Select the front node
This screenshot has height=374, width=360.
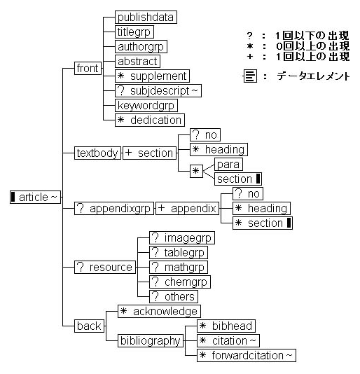point(88,69)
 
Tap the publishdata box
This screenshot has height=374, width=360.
point(146,17)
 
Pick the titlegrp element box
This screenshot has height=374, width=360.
point(134,32)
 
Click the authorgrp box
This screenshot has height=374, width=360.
point(140,46)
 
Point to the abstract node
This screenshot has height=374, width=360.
point(137,61)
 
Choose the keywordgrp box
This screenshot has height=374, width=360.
point(146,105)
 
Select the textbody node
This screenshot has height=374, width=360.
point(97,153)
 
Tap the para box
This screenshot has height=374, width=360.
point(228,164)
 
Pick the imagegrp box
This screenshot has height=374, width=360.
point(182,237)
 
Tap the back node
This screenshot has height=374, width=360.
point(89,326)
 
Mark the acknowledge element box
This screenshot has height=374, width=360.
point(158,311)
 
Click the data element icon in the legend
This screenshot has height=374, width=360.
point(249,76)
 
